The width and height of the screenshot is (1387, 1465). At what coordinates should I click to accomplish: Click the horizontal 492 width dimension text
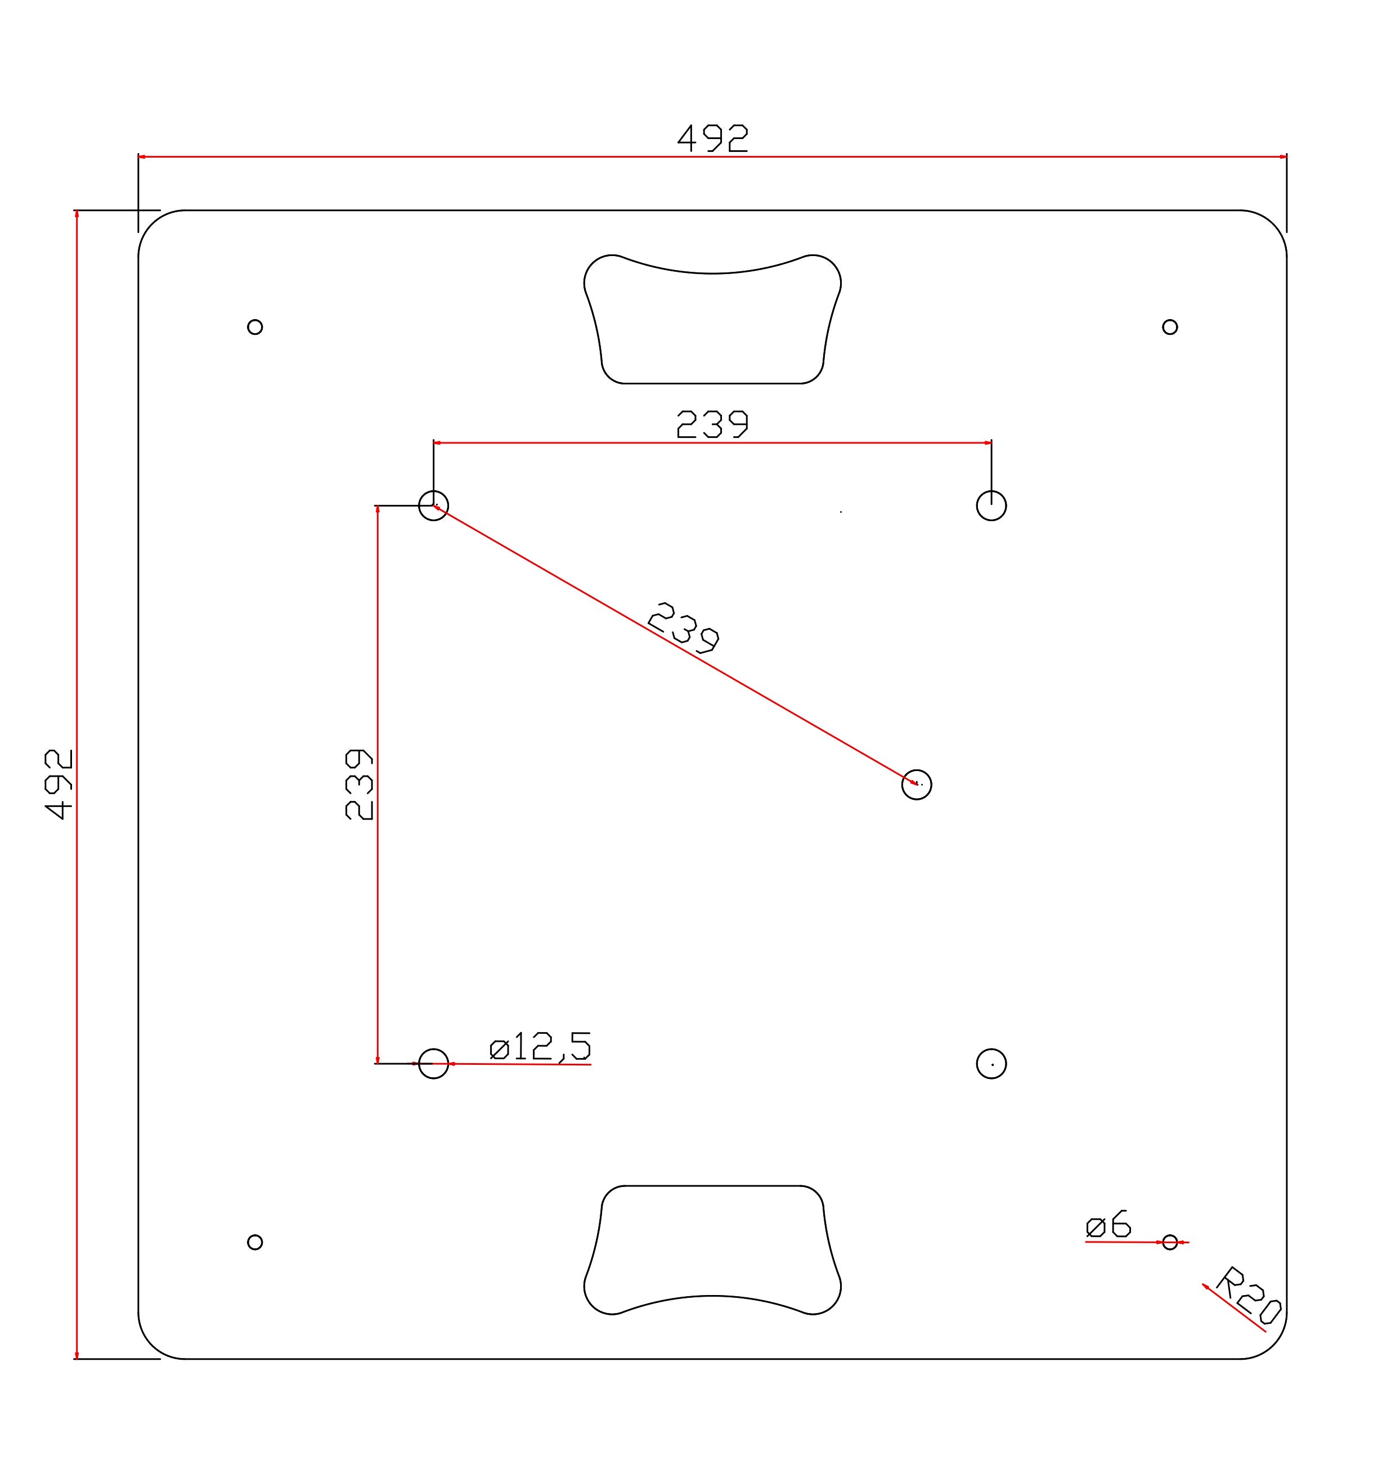[713, 138]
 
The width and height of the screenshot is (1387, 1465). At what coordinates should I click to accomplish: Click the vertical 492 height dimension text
[59, 784]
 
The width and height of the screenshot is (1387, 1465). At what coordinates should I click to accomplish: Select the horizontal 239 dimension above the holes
[713, 424]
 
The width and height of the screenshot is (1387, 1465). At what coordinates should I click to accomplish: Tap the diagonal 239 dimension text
[683, 629]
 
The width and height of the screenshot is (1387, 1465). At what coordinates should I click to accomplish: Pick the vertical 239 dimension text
[360, 784]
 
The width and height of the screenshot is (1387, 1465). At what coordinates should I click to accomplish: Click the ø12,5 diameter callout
[541, 1046]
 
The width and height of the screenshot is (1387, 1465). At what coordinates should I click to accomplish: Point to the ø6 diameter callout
[1108, 1225]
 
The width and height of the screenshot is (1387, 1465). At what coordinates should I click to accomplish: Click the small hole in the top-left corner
[255, 327]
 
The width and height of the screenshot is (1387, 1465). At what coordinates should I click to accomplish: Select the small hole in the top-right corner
[1170, 327]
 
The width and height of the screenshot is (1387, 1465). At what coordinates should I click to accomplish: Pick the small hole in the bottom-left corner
[255, 1242]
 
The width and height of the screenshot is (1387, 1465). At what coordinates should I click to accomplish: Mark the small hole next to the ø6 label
[1170, 1242]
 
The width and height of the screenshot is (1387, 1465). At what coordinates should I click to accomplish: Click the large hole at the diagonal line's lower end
[917, 785]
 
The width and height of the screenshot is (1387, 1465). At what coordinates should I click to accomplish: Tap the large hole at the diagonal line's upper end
[433, 506]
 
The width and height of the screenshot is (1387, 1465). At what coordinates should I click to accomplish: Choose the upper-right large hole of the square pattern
[991, 506]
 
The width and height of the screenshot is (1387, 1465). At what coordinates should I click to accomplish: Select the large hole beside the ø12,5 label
[433, 1064]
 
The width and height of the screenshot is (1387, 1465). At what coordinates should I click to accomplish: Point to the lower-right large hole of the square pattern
[991, 1064]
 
